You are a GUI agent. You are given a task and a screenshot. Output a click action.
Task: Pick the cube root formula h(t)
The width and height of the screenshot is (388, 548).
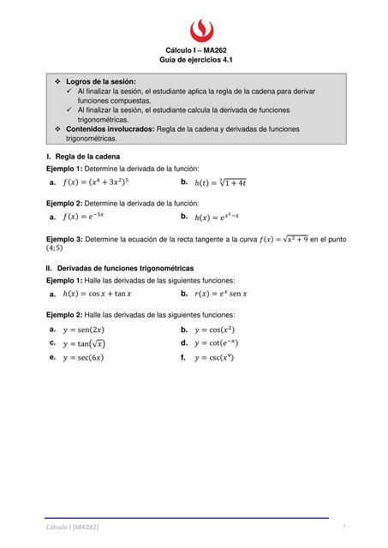point(221,182)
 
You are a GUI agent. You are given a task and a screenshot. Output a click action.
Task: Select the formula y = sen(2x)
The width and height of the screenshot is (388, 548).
point(84,330)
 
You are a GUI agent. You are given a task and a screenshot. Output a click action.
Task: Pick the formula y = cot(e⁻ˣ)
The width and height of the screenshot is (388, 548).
point(217,343)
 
